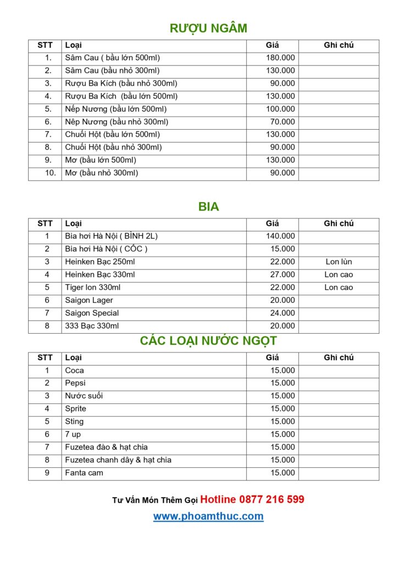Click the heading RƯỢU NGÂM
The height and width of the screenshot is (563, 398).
(x=208, y=29)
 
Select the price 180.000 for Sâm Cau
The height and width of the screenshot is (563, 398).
(x=280, y=58)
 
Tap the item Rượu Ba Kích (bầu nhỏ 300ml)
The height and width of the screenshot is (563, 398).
(x=121, y=84)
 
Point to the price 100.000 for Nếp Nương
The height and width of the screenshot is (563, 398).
(x=280, y=109)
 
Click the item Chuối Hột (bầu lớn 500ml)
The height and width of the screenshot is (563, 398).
(x=113, y=135)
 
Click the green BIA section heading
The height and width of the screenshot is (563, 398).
(x=208, y=207)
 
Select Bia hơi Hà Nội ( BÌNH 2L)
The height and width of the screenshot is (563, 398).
(x=112, y=236)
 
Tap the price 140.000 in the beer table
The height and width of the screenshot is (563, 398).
(x=280, y=236)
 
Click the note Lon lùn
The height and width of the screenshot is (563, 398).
(x=339, y=262)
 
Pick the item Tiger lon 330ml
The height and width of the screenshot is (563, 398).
(x=93, y=288)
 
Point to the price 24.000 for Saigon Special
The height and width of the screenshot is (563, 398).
(x=283, y=313)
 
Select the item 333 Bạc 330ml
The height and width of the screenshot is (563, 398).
(x=92, y=326)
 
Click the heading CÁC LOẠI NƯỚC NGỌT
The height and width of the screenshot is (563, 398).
(x=208, y=341)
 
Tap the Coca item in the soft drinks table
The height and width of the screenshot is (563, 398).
(x=75, y=371)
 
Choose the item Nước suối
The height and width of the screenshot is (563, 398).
(x=84, y=396)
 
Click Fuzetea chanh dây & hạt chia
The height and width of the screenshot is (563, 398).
(x=118, y=460)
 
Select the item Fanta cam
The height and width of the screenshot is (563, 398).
(x=84, y=473)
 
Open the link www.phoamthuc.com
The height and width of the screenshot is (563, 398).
(x=208, y=516)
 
